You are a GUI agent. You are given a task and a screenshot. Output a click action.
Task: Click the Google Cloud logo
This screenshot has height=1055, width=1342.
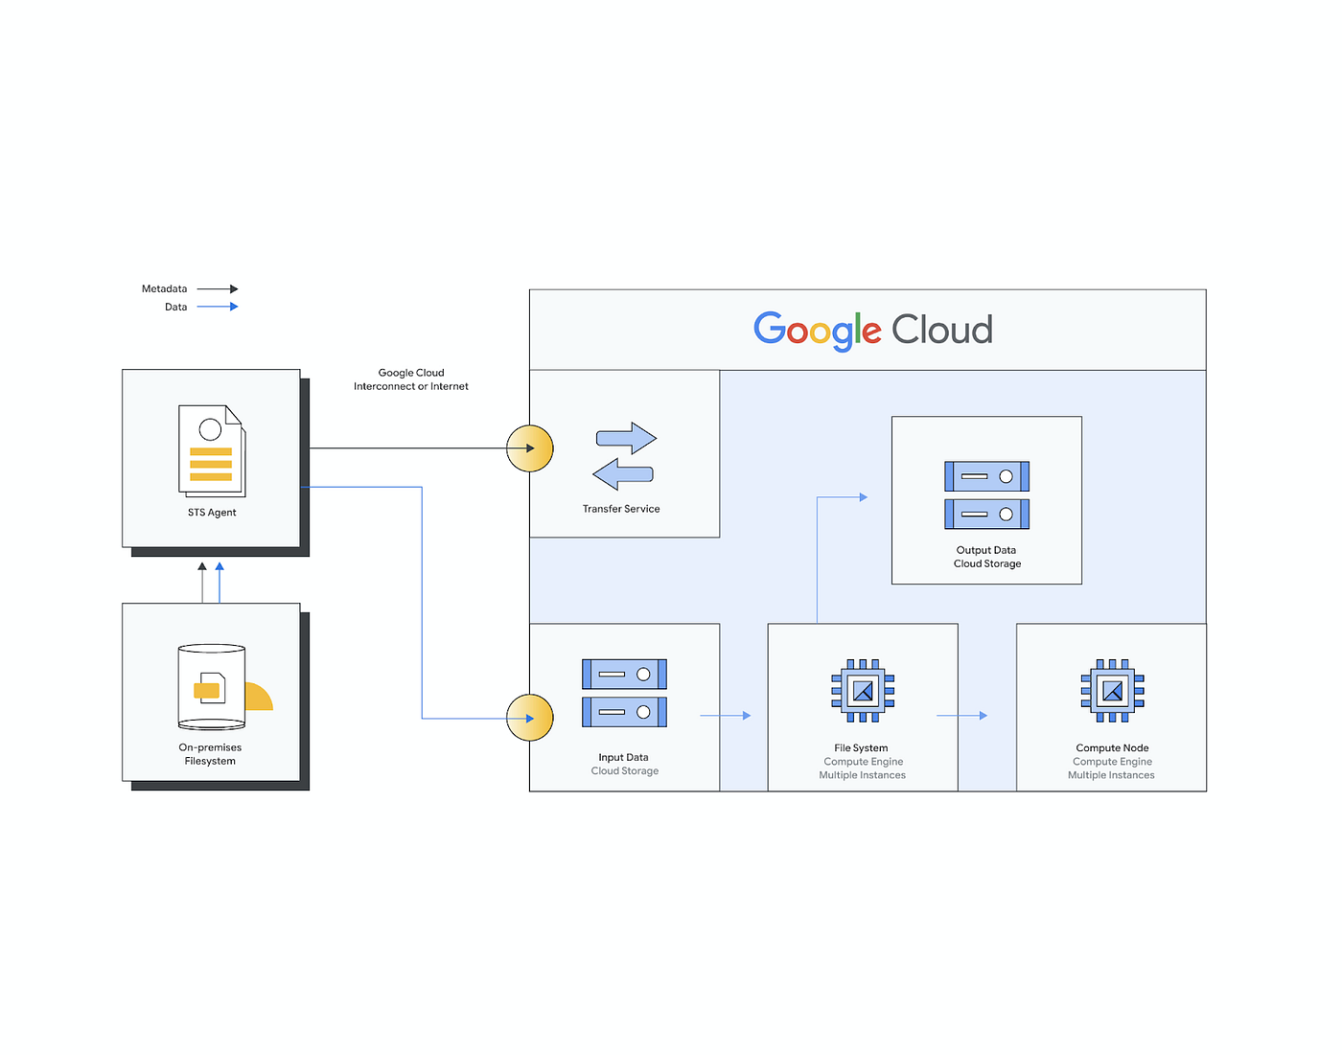point(872,331)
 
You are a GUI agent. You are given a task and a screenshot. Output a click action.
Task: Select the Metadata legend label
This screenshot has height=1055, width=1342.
point(164,288)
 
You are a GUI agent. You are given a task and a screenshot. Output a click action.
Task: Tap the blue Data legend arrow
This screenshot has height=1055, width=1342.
point(218,307)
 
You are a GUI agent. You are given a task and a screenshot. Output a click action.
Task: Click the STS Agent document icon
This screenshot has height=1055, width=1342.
point(212,450)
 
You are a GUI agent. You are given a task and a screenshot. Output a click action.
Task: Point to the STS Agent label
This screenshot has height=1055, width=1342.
point(212,513)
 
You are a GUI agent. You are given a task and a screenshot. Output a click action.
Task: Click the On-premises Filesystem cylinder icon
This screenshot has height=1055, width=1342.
point(213,687)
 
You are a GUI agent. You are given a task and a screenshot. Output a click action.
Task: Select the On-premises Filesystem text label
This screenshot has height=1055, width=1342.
point(210,754)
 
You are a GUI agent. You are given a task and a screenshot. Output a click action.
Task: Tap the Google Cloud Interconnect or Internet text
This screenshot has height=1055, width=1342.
point(411,379)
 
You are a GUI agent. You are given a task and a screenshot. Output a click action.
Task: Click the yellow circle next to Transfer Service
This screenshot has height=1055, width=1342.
point(530,448)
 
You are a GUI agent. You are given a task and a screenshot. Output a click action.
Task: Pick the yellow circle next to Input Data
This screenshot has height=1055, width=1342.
point(530,718)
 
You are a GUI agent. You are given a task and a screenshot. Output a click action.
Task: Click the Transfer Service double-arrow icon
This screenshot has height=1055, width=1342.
point(625,456)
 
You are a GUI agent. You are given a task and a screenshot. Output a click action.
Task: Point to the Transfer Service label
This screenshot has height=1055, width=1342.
point(621,509)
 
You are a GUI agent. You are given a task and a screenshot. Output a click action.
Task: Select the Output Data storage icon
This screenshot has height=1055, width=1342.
point(986,495)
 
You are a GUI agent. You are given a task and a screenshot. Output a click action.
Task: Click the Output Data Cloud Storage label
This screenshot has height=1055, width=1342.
point(986,557)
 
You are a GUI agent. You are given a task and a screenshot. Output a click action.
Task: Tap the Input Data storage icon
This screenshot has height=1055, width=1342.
point(624,693)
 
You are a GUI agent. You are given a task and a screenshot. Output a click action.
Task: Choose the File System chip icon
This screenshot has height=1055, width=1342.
point(863,691)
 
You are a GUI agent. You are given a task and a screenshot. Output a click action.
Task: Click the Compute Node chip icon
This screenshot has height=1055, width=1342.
point(1112,691)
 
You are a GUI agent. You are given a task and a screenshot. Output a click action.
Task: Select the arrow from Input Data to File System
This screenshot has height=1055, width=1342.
point(726,716)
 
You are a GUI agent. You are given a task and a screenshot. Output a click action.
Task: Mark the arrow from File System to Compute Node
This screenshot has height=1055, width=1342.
point(961,716)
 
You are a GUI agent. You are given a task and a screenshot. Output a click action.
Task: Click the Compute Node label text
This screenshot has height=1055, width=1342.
point(1112,748)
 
